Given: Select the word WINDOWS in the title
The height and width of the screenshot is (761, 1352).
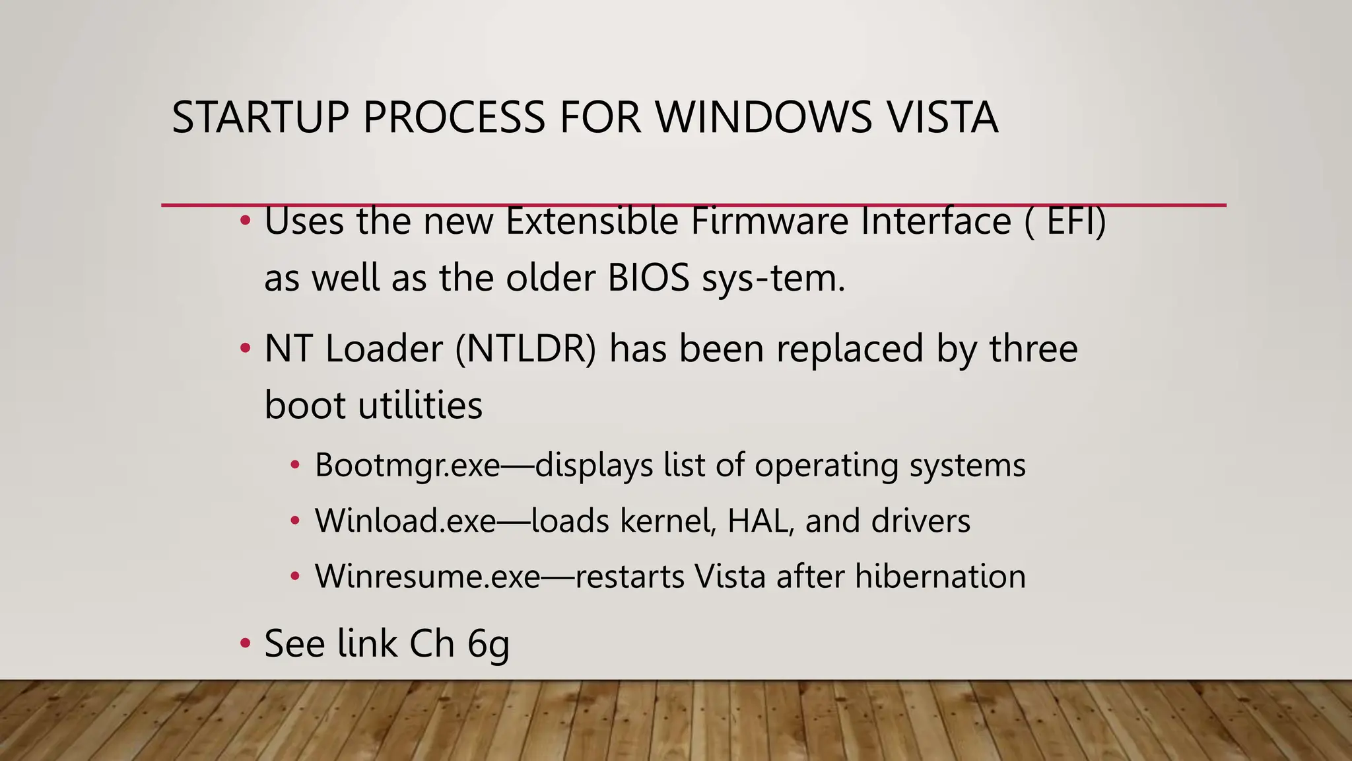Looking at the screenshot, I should point(763,118).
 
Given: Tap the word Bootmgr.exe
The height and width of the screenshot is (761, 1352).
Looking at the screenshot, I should point(407,465).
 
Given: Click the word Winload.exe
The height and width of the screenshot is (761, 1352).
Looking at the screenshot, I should point(405,521).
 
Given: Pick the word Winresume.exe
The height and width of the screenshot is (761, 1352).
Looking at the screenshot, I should point(427,576).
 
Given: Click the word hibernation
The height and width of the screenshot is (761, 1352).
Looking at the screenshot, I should point(940,576).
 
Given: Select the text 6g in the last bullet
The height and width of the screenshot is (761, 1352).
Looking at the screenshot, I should point(489,644).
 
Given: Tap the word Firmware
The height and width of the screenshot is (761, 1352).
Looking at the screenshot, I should point(769,222).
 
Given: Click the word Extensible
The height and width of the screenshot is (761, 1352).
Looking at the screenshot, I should point(591,222).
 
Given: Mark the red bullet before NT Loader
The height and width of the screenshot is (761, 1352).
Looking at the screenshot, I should point(245,348).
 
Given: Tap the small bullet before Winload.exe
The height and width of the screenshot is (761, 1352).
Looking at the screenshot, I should point(295,521).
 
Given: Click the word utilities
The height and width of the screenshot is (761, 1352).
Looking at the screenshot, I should point(420,405).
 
